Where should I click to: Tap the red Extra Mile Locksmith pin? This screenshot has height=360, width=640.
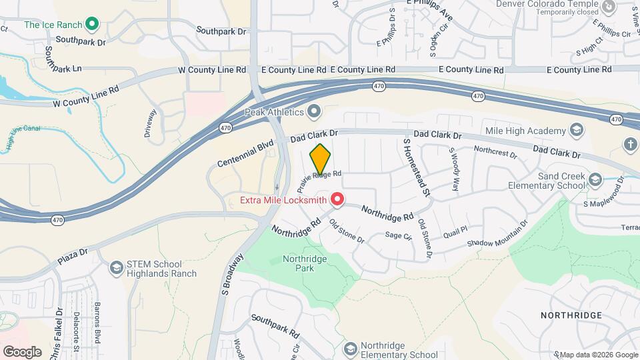click(337, 199)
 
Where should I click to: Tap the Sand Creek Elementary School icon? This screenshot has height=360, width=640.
click(598, 180)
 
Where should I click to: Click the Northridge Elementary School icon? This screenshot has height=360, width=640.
click(350, 349)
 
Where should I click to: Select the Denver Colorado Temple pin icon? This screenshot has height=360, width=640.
click(608, 7)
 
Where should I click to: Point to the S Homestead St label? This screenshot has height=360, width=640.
click(415, 167)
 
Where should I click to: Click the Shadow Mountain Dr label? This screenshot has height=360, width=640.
click(497, 233)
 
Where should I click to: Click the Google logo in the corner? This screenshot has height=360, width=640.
click(21, 351)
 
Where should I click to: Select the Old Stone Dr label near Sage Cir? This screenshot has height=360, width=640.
click(348, 231)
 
